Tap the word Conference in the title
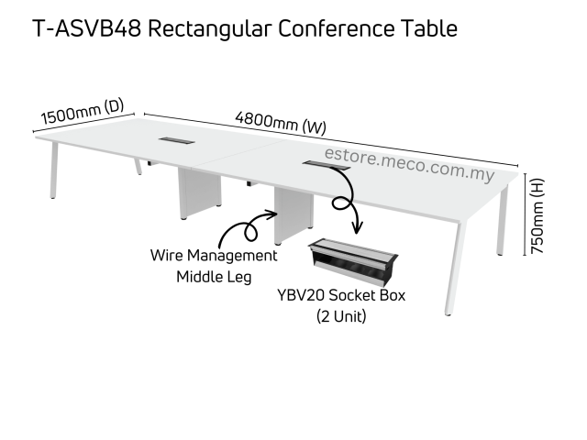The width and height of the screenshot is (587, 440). (341, 28)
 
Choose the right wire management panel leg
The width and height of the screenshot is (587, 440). (293, 214)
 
